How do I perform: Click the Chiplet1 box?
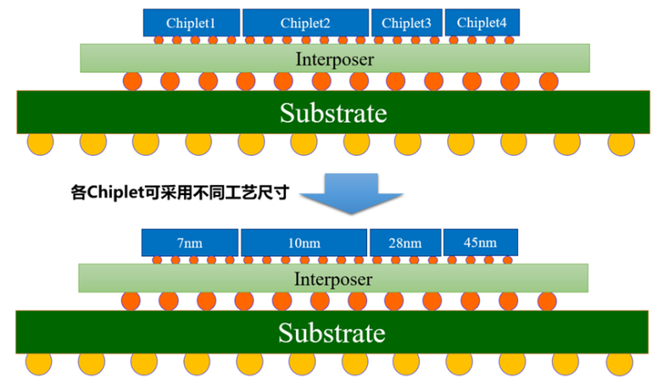point(191,23)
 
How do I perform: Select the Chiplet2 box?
point(305,23)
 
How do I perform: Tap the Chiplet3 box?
point(407,23)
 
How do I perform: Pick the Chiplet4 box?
point(482,23)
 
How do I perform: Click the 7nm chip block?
point(190,242)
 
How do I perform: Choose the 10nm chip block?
point(304,242)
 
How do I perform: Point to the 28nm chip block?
point(405,242)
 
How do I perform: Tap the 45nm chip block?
point(481,242)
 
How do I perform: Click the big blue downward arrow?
point(351,193)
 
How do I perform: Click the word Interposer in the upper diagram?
point(335,59)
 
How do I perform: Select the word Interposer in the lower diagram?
point(333,279)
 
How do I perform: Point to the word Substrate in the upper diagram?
point(333,113)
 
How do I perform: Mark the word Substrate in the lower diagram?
point(331,333)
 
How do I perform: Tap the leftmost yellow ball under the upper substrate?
point(40,143)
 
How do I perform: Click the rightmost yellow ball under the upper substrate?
point(621,143)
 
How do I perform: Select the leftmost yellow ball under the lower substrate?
point(38,363)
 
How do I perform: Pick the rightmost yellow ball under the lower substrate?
point(619,363)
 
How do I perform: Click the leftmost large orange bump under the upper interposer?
point(133,80)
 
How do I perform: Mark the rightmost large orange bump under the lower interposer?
point(547,301)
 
